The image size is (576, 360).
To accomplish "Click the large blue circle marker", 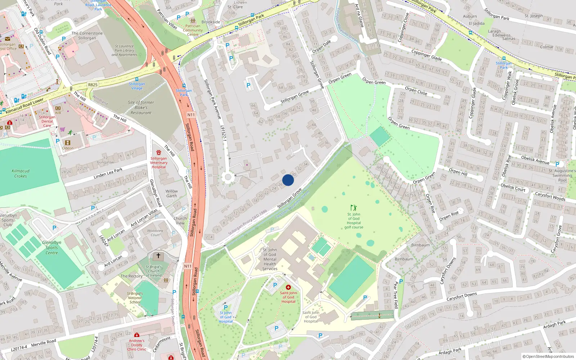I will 288,180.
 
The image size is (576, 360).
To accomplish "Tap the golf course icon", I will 354,208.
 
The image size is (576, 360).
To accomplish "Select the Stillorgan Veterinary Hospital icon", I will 159,153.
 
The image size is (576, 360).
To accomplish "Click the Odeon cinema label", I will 68,148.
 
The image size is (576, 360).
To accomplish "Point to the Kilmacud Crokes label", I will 21,174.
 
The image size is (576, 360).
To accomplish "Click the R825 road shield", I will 93,85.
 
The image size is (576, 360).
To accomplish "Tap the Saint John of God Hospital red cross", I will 288,287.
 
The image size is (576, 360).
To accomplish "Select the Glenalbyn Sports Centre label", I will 51,248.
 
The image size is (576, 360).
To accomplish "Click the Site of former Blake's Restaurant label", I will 141,108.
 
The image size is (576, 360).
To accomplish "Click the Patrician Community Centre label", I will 193,30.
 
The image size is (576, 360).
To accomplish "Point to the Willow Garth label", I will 172,194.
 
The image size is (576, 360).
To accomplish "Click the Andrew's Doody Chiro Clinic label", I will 137,345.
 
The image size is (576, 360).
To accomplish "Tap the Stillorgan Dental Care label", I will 47,121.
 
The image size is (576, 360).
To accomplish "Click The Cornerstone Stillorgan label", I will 87,35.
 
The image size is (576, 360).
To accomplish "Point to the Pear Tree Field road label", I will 396,294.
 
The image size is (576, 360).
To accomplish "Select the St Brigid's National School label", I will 135,298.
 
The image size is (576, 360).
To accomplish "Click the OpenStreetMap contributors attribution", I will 548,356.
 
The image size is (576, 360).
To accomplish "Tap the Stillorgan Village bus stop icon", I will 137,79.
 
